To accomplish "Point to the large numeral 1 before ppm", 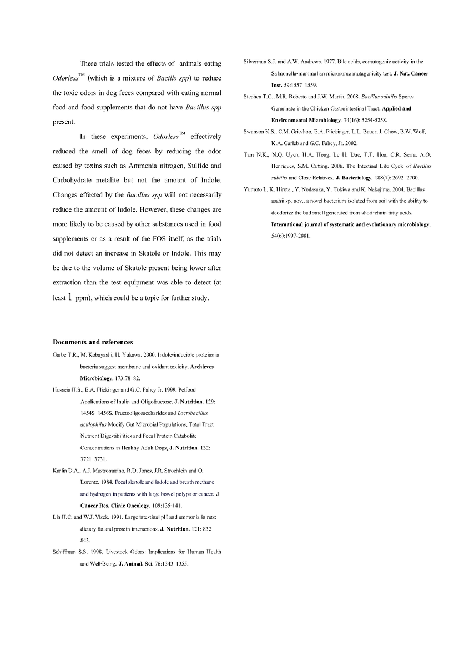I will tap(70, 297).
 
